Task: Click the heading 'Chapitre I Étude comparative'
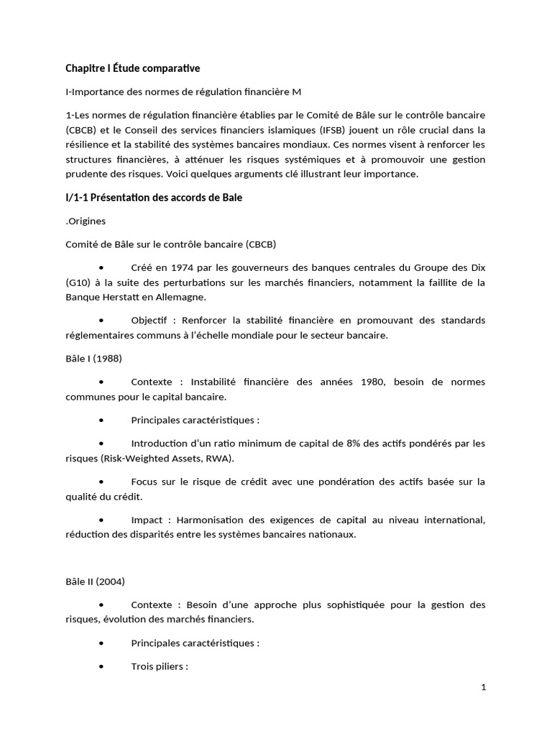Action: (133, 68)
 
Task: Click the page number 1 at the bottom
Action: (484, 687)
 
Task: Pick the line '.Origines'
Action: (86, 221)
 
